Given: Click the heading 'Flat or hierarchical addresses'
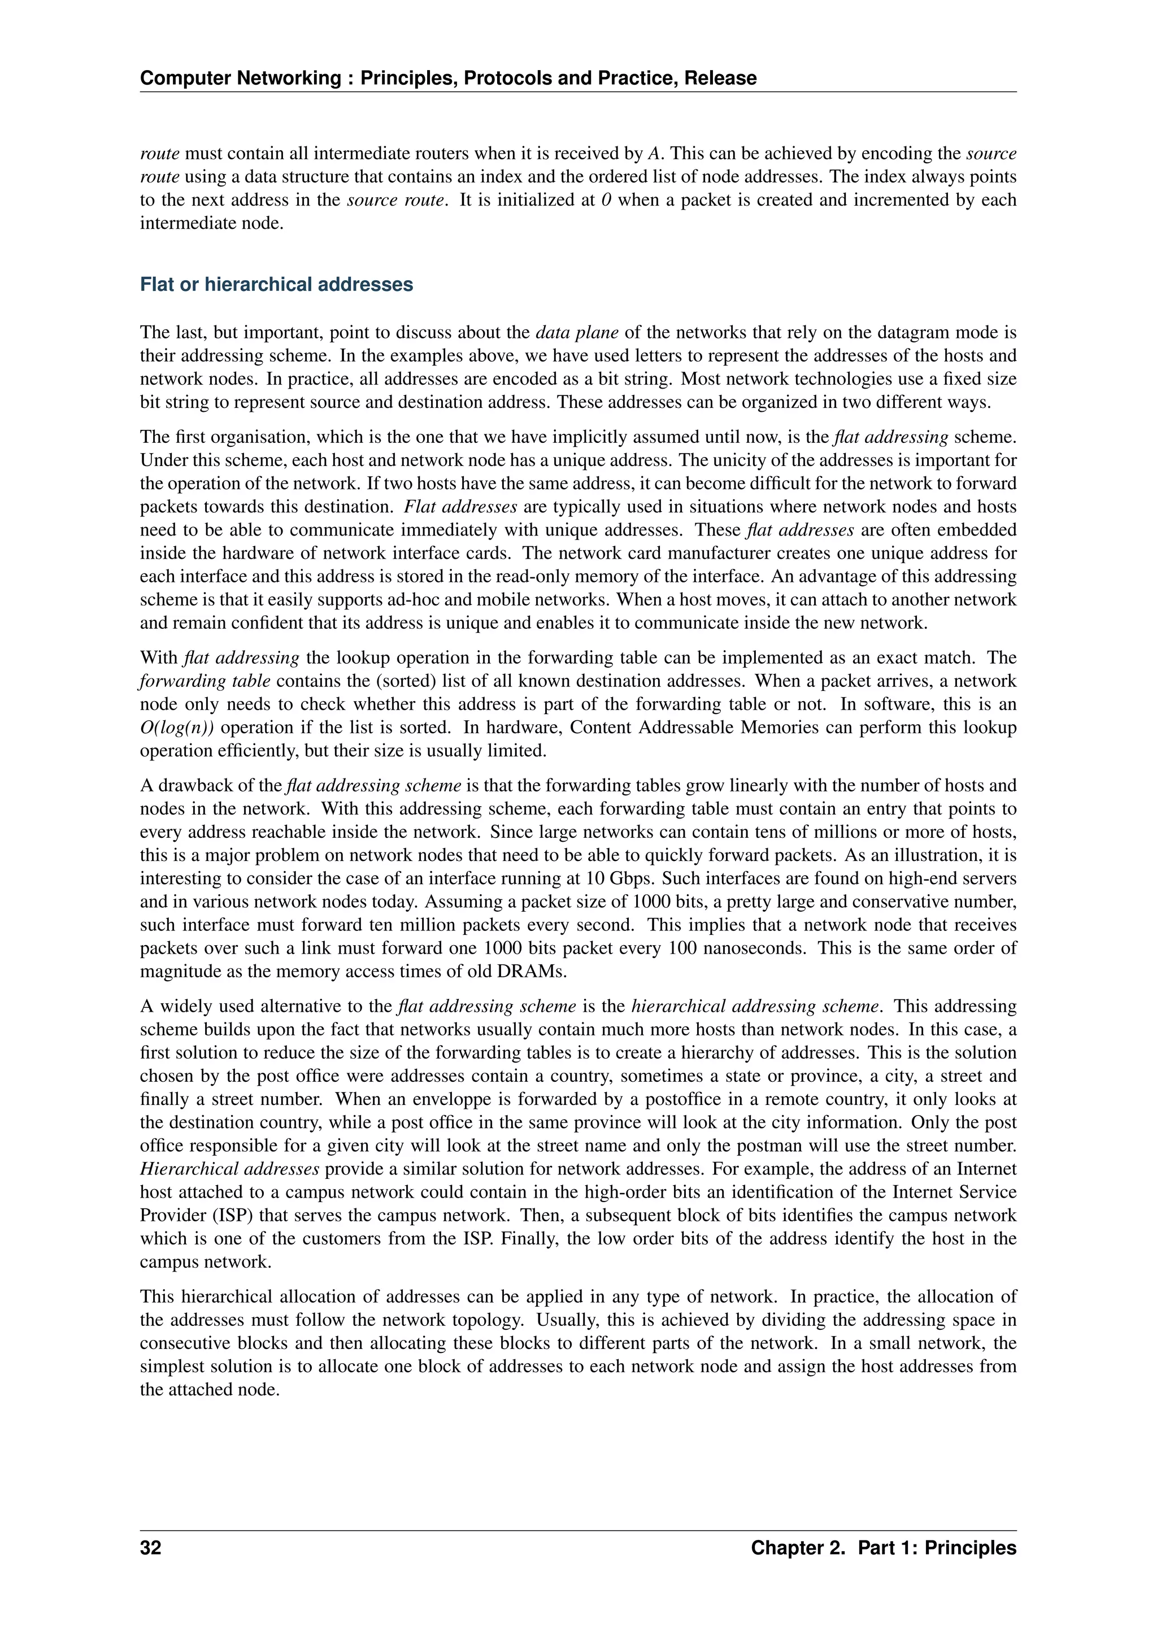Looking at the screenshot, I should tap(276, 284).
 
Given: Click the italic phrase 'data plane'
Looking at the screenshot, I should tap(577, 332).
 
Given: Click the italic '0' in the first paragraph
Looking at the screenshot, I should tap(606, 200).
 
